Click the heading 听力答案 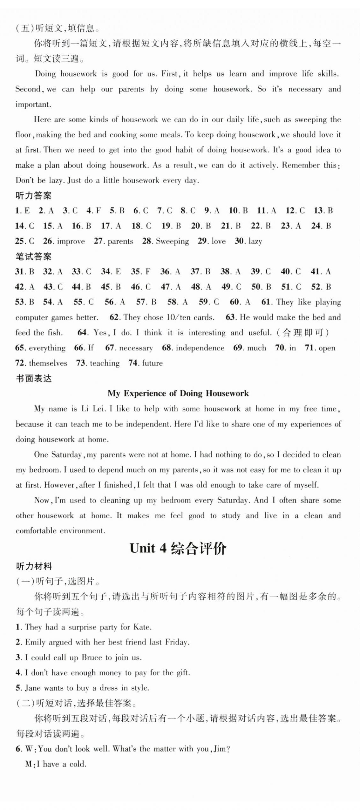coord(33,196)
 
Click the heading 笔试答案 coord(33,256)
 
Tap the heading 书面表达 coord(33,378)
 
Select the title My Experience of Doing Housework coord(178,393)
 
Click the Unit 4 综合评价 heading coord(178,549)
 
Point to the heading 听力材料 coord(33,566)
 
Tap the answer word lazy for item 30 coord(255,241)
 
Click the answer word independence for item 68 coord(200,348)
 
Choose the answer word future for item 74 coord(152,363)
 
